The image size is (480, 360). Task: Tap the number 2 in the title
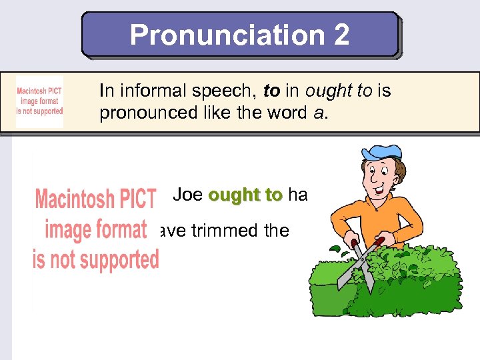(340, 35)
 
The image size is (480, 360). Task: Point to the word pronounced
(142, 113)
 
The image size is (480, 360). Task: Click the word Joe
(187, 195)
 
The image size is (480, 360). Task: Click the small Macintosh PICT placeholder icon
(39, 102)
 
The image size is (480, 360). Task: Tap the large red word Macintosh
(95, 199)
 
